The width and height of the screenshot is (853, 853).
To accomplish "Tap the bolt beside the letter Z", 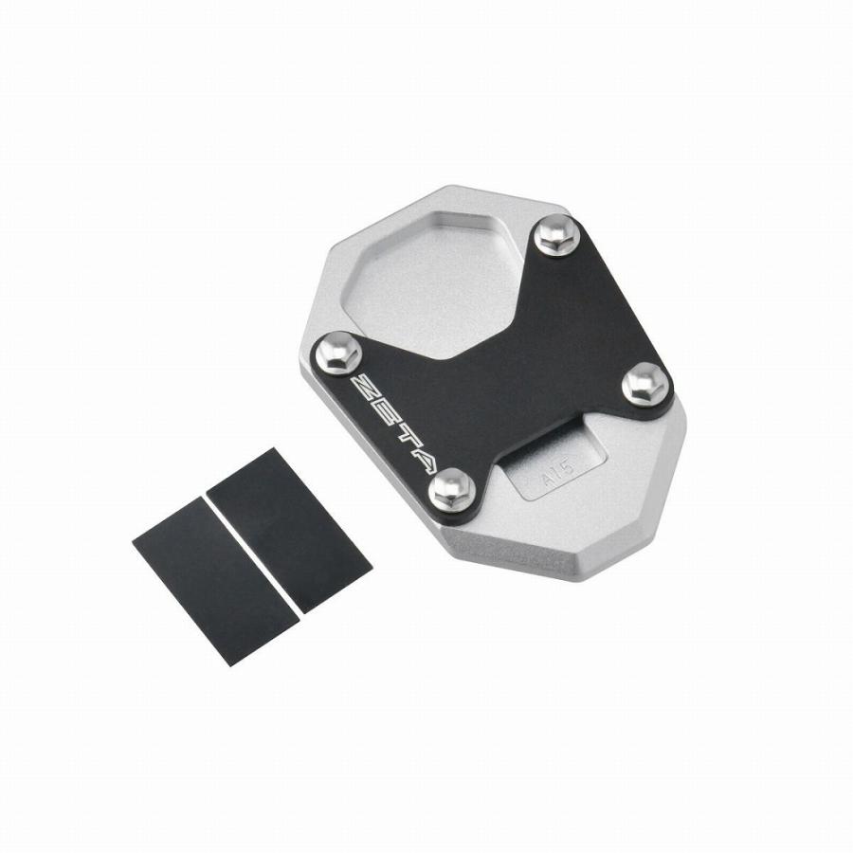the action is [x=337, y=354].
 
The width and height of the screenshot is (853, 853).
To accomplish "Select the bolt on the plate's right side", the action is [x=645, y=384].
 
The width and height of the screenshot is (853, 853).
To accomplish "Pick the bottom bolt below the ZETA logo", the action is [x=451, y=489].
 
